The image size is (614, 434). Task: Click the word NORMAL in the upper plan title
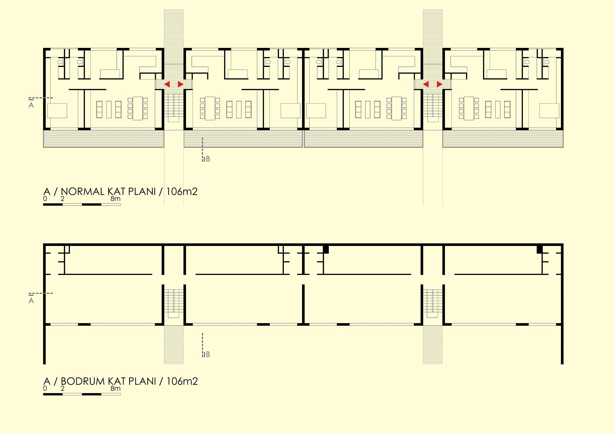[82, 192]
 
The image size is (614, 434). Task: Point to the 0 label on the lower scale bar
[45, 389]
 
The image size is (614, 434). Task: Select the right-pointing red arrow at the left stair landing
[181, 85]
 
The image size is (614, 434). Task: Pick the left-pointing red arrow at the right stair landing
[426, 85]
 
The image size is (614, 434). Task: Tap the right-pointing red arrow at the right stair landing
[440, 85]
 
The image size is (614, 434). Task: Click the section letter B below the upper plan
[208, 159]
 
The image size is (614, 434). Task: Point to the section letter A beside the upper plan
[31, 105]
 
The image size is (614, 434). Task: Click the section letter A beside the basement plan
[31, 301]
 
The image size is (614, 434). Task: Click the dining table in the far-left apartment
[138, 108]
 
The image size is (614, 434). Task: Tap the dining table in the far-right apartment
[469, 108]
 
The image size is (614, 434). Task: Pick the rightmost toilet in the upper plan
[547, 62]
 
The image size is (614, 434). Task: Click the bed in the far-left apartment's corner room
[57, 110]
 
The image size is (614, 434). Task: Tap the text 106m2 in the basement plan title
[182, 381]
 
